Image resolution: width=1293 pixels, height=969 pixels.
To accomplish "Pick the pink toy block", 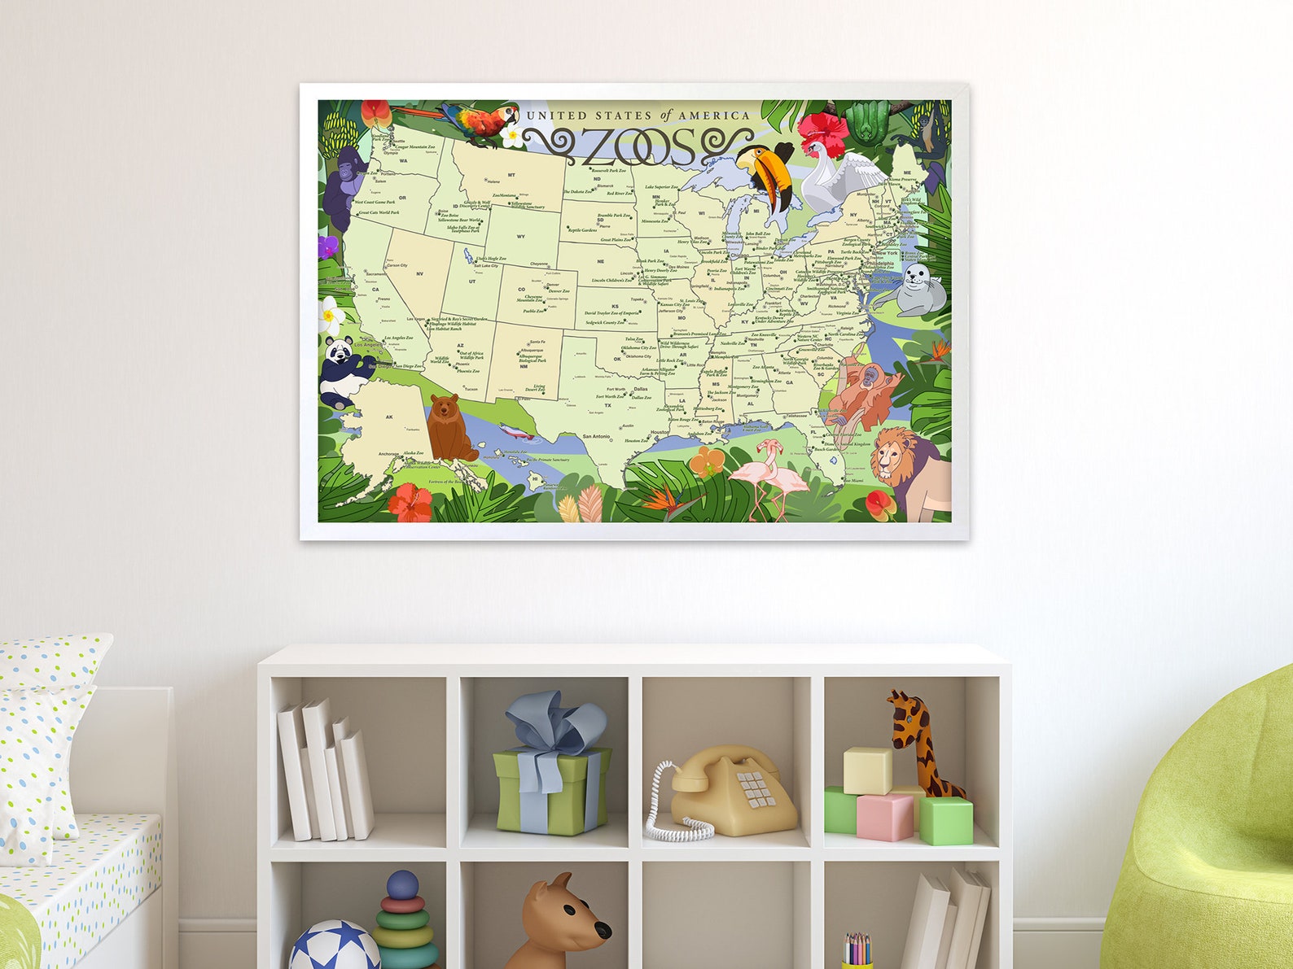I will point(885,816).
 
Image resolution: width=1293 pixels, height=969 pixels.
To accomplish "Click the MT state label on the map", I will point(511,175).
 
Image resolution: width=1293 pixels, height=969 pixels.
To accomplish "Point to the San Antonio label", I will point(596,437).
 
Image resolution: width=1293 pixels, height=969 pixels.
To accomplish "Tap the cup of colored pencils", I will point(856,951).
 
